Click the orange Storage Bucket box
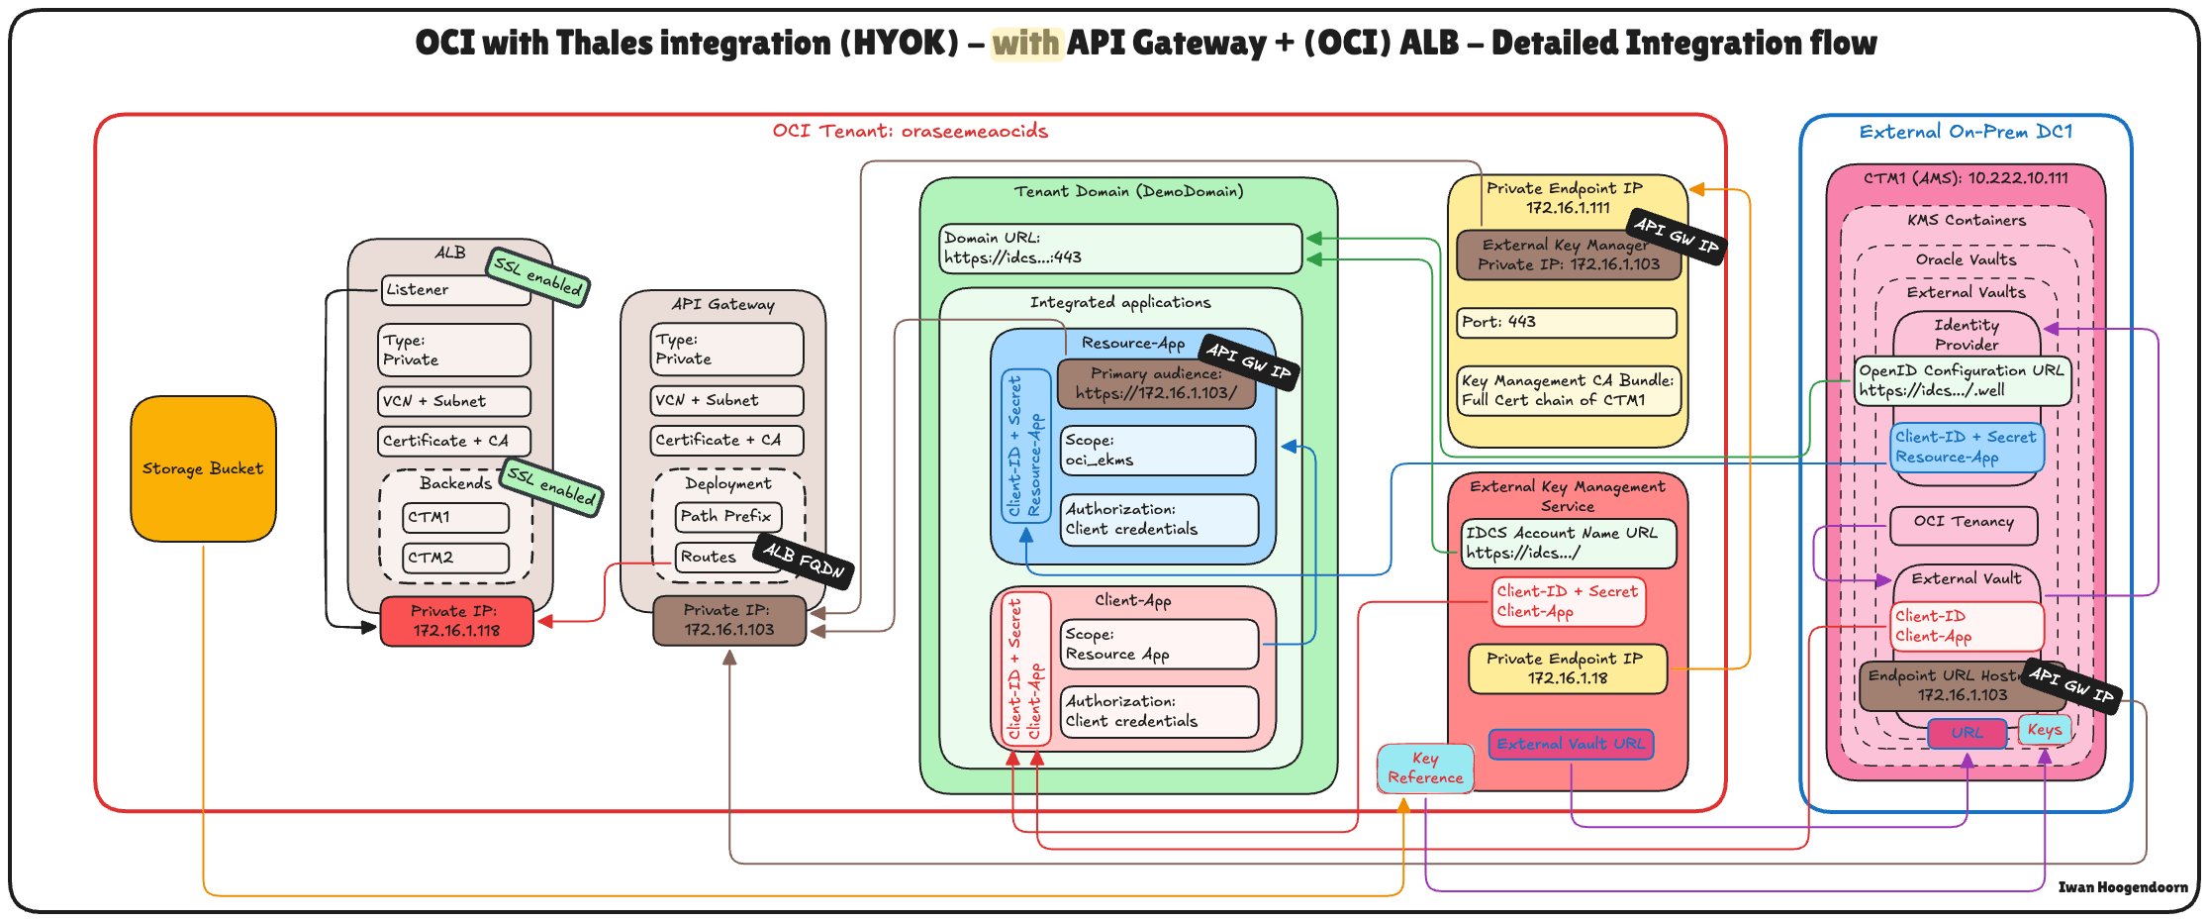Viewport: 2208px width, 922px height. click(203, 468)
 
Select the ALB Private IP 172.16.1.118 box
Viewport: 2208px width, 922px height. click(456, 621)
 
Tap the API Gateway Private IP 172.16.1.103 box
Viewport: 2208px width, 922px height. click(728, 620)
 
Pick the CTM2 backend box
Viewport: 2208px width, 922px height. click(455, 558)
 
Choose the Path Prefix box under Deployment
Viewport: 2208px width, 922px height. click(727, 516)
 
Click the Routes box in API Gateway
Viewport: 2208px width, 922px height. click(711, 557)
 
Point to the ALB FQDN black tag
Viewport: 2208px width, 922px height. click(804, 561)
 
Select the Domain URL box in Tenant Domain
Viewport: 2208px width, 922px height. click(1119, 248)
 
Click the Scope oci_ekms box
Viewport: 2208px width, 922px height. click(1157, 451)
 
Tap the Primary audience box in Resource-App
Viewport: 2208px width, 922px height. click(1155, 383)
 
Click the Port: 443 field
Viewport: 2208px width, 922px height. click(1567, 322)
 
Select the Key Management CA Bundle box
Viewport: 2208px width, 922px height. click(1568, 390)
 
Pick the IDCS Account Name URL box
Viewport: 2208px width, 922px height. click(1568, 543)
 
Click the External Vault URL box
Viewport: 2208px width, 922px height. click(1570, 744)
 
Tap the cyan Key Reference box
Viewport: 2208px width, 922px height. click(1425, 768)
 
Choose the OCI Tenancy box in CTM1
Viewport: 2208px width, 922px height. click(1964, 523)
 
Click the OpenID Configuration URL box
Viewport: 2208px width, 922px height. click(1962, 380)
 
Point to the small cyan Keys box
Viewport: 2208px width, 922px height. click(2044, 730)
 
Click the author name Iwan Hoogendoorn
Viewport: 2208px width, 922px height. click(2122, 887)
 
